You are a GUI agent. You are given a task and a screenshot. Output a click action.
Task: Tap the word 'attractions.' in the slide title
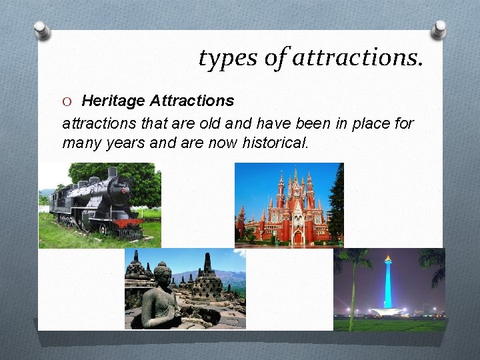click(357, 59)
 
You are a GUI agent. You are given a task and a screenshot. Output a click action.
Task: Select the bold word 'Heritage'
click(113, 101)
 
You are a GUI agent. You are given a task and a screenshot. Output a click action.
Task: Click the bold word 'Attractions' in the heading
click(192, 101)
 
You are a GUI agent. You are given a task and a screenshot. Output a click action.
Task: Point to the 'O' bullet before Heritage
click(67, 101)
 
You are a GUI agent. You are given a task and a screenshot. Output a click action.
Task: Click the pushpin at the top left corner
click(42, 30)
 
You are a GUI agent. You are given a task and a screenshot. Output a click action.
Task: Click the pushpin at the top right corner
click(438, 29)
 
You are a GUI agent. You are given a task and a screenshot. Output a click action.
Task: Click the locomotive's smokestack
click(113, 173)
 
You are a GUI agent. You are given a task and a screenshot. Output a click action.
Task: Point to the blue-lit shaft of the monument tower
click(388, 283)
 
